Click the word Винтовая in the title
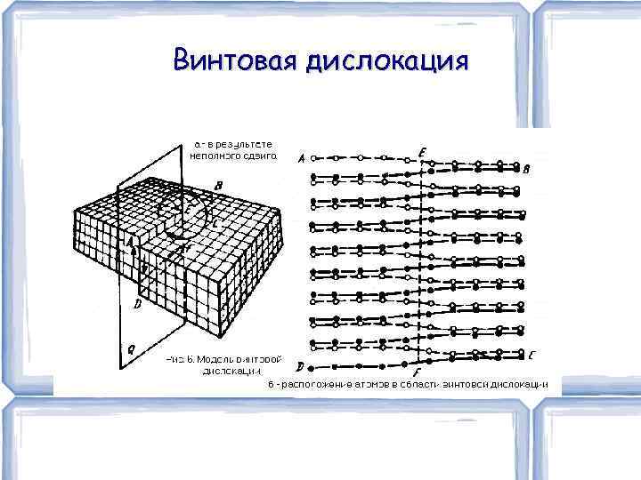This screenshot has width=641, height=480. [235, 61]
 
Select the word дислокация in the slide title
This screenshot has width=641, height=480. [385, 61]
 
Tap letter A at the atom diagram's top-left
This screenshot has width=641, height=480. [301, 159]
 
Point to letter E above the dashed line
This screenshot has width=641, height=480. [421, 153]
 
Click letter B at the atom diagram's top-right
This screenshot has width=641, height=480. [526, 169]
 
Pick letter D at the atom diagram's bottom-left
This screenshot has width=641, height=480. [300, 365]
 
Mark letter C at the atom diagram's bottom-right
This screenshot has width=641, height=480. [531, 356]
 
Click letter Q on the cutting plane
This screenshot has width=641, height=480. [131, 350]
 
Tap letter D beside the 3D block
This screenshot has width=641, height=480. [136, 304]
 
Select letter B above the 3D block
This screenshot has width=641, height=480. [219, 186]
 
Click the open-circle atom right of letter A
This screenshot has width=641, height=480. [320, 157]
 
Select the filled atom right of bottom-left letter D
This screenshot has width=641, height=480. [320, 365]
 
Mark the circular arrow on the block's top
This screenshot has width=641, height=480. [191, 211]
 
